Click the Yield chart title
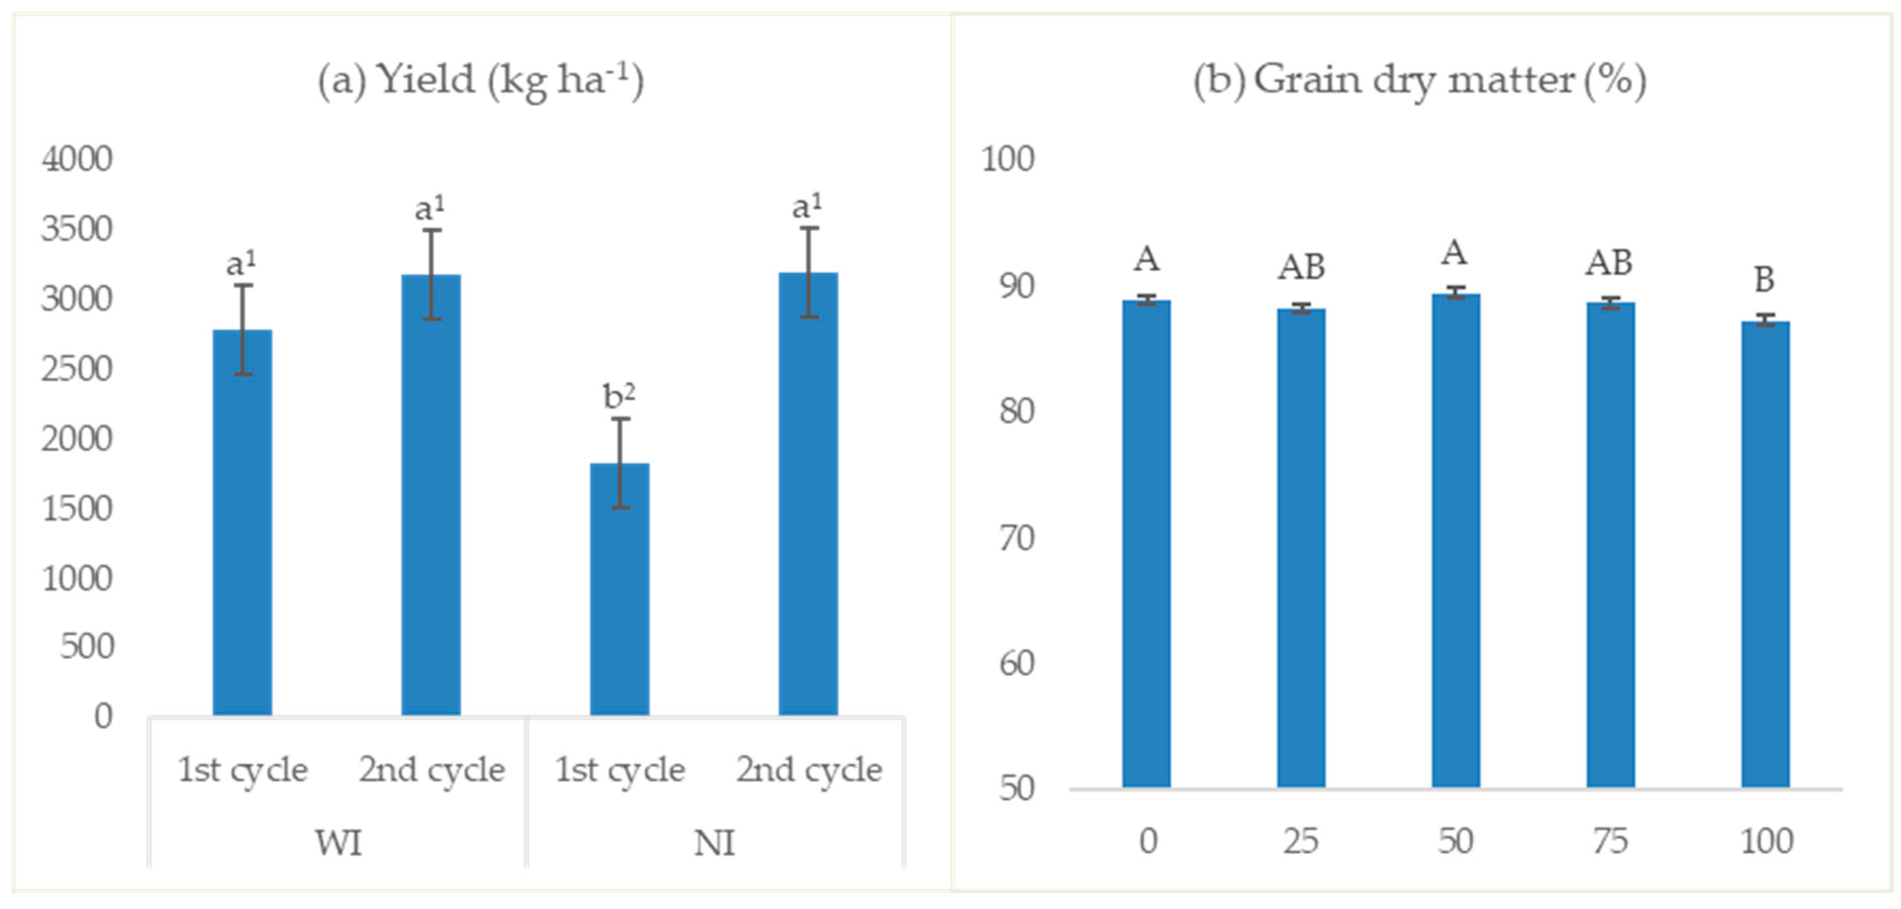pyautogui.click(x=480, y=80)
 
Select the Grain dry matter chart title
pyautogui.click(x=1419, y=80)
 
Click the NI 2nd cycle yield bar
pyautogui.click(x=808, y=494)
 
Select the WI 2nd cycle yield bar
pyautogui.click(x=431, y=494)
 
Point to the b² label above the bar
pyautogui.click(x=618, y=396)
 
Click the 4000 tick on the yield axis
pyautogui.click(x=77, y=159)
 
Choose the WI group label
pyautogui.click(x=339, y=843)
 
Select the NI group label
pyautogui.click(x=715, y=843)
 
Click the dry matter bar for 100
pyautogui.click(x=1765, y=554)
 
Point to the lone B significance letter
pyautogui.click(x=1764, y=280)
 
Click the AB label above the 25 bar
pyautogui.click(x=1301, y=266)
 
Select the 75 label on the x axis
pyautogui.click(x=1609, y=841)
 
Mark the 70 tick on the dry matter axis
pyautogui.click(x=1017, y=538)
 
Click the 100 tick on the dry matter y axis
pyautogui.click(x=1007, y=159)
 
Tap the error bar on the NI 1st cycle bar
pyautogui.click(x=620, y=463)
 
